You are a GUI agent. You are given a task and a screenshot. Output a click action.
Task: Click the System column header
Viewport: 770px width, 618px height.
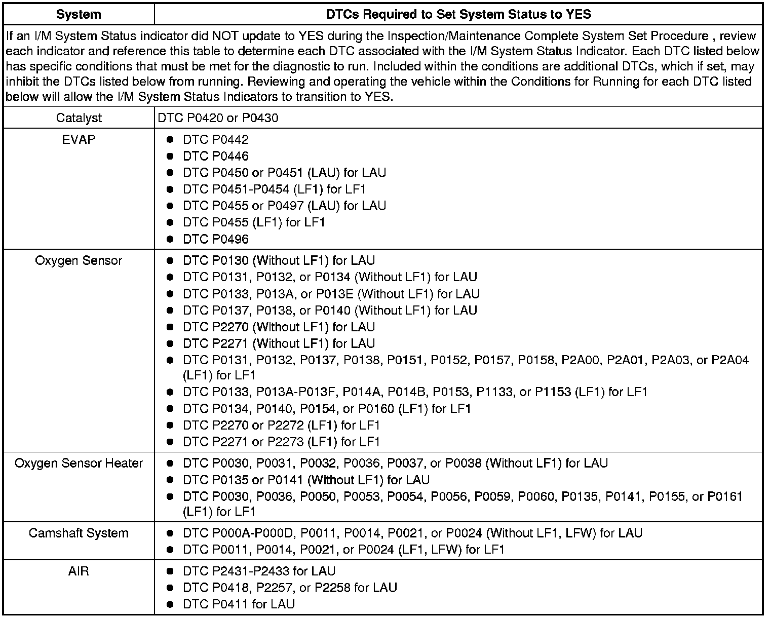tap(79, 14)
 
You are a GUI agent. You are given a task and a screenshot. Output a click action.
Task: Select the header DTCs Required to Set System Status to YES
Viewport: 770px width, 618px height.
tap(458, 14)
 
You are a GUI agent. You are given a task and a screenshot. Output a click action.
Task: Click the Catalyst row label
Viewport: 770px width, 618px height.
tap(79, 118)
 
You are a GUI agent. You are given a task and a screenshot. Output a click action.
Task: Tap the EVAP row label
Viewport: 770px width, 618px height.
tap(79, 139)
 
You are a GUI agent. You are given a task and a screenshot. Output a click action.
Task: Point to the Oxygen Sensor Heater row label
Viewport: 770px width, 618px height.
tap(79, 463)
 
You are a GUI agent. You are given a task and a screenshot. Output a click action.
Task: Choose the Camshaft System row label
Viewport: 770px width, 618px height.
tap(79, 533)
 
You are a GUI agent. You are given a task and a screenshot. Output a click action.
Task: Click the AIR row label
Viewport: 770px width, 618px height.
tap(79, 571)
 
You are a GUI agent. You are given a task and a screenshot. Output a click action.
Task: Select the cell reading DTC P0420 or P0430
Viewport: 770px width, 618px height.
tap(218, 118)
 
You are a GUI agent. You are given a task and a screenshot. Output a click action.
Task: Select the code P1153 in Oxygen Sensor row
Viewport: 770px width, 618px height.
tap(554, 392)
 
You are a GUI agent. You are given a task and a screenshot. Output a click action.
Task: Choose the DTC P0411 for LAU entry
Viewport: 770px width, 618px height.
tap(239, 604)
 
